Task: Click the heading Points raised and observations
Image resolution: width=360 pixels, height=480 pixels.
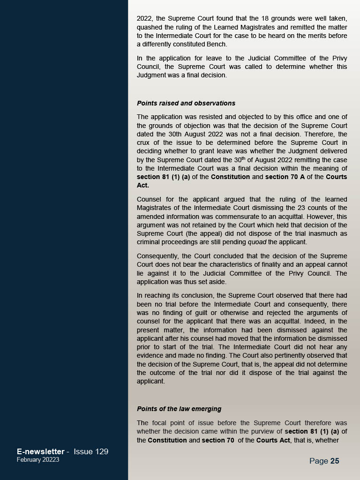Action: click(x=186, y=103)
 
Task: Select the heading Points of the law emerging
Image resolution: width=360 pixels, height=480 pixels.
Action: click(x=179, y=409)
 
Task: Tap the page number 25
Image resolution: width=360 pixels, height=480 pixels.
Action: click(x=335, y=461)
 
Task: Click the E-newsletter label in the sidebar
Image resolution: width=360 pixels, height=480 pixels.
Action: click(x=40, y=451)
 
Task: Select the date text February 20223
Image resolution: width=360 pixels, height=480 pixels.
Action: click(x=38, y=459)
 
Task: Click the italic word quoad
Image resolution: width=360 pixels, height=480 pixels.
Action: click(x=257, y=242)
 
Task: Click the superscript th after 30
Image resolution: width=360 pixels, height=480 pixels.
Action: click(x=243, y=158)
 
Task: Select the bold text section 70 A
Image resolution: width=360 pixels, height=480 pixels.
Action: click(x=283, y=177)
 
